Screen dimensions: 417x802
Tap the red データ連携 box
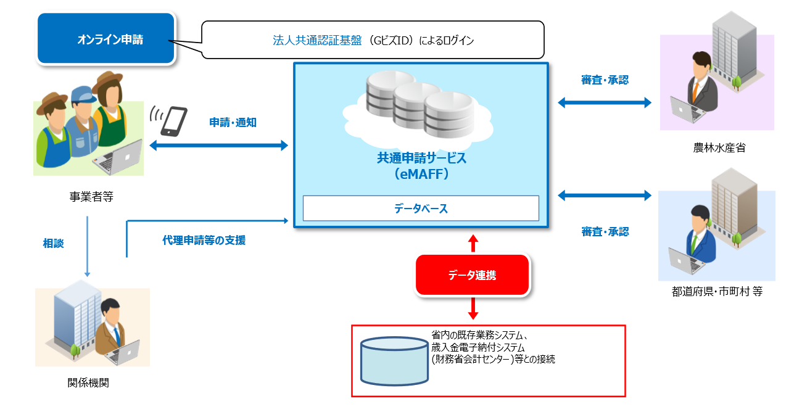(x=472, y=275)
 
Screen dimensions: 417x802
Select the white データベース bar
(x=421, y=208)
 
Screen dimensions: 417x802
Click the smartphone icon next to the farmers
(x=173, y=121)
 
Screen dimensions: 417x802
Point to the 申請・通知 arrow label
(x=233, y=122)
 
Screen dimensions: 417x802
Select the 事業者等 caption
(x=91, y=197)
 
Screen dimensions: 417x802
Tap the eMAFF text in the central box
(x=422, y=175)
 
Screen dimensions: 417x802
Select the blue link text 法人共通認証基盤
(x=318, y=41)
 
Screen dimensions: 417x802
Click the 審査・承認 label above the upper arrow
(x=605, y=80)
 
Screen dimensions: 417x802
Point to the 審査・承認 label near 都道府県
(x=605, y=232)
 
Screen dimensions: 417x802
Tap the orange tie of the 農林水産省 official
(x=695, y=93)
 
